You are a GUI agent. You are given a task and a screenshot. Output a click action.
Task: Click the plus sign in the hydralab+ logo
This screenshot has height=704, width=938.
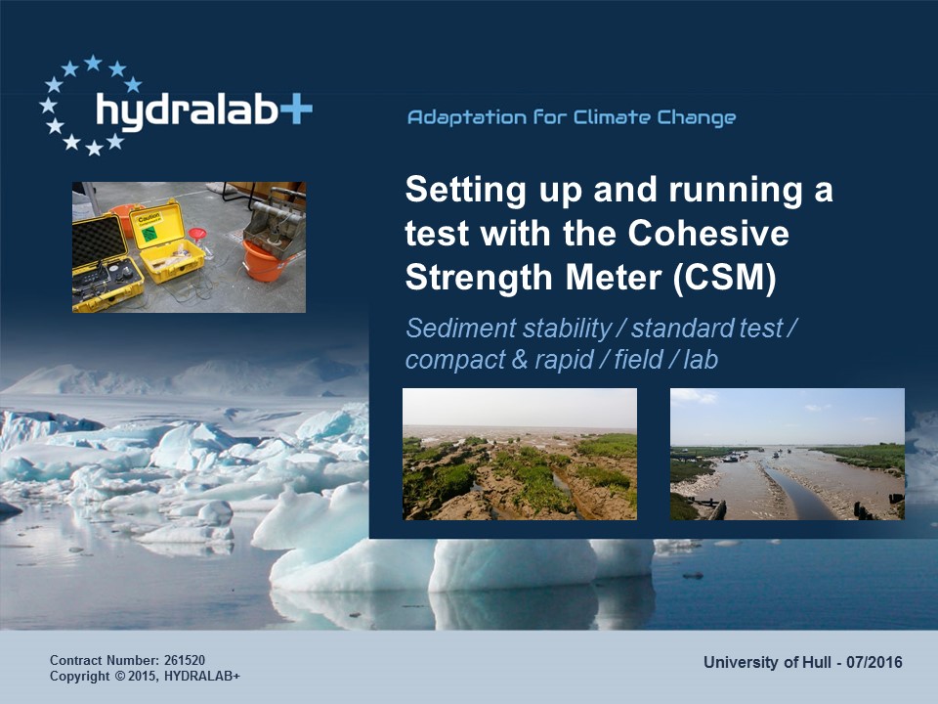[x=295, y=110]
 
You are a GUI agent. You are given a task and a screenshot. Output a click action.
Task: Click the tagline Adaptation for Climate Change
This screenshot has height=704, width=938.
[x=572, y=117]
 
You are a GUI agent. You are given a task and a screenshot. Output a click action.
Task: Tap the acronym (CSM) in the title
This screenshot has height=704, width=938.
[x=724, y=278]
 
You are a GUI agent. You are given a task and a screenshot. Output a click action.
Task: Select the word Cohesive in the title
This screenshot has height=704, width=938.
[x=708, y=233]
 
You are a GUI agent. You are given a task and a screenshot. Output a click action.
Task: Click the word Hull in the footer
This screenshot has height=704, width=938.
[x=817, y=662]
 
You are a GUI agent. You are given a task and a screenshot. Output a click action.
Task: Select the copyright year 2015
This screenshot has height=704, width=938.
[x=143, y=676]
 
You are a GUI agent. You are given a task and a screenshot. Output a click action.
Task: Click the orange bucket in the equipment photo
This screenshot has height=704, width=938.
[x=264, y=262]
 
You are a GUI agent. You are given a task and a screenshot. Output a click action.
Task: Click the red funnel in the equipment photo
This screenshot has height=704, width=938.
[x=197, y=234]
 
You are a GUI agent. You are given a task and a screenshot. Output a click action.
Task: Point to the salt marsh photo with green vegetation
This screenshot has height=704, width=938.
[x=520, y=454]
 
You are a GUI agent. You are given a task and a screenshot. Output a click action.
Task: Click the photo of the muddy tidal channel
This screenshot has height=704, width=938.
[x=788, y=454]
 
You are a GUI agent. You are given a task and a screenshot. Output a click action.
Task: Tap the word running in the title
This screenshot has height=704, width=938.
[x=736, y=191]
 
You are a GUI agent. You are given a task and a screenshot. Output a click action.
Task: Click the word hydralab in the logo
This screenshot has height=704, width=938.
[x=187, y=111]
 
